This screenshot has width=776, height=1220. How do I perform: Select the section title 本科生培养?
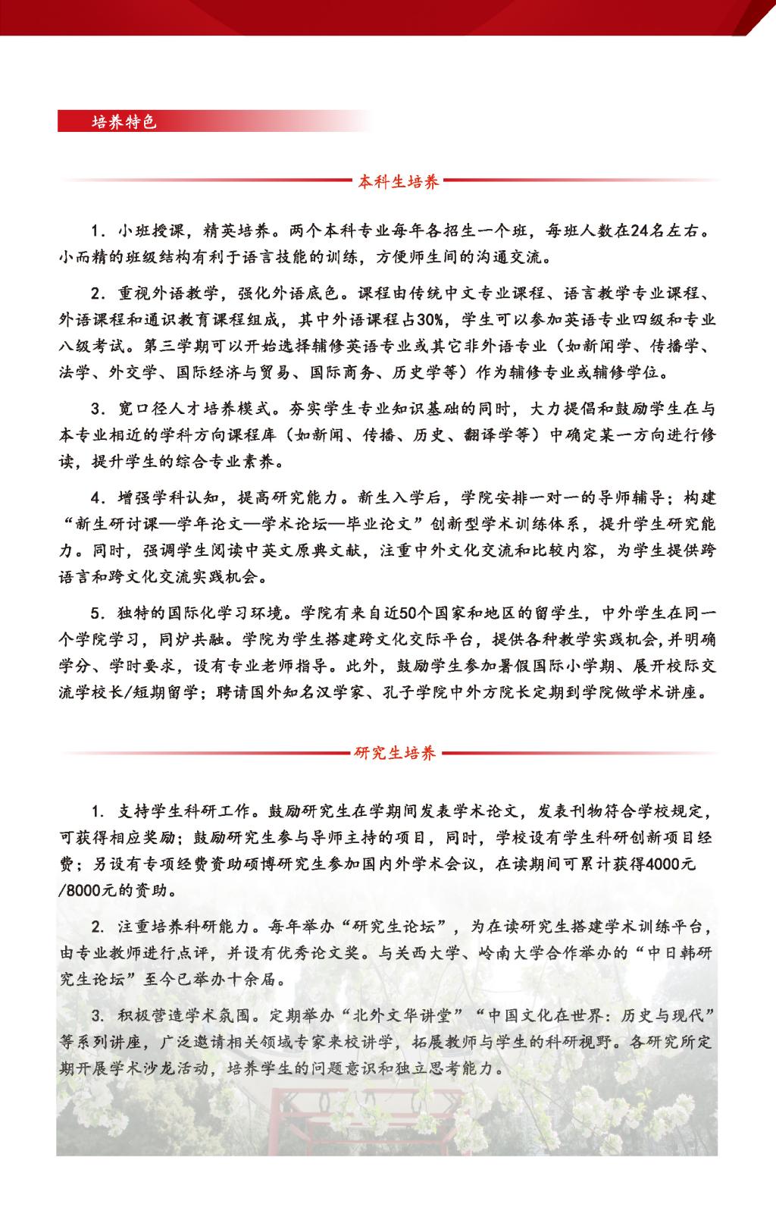[399, 182]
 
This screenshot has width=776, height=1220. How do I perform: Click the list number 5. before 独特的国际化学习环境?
[96, 612]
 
